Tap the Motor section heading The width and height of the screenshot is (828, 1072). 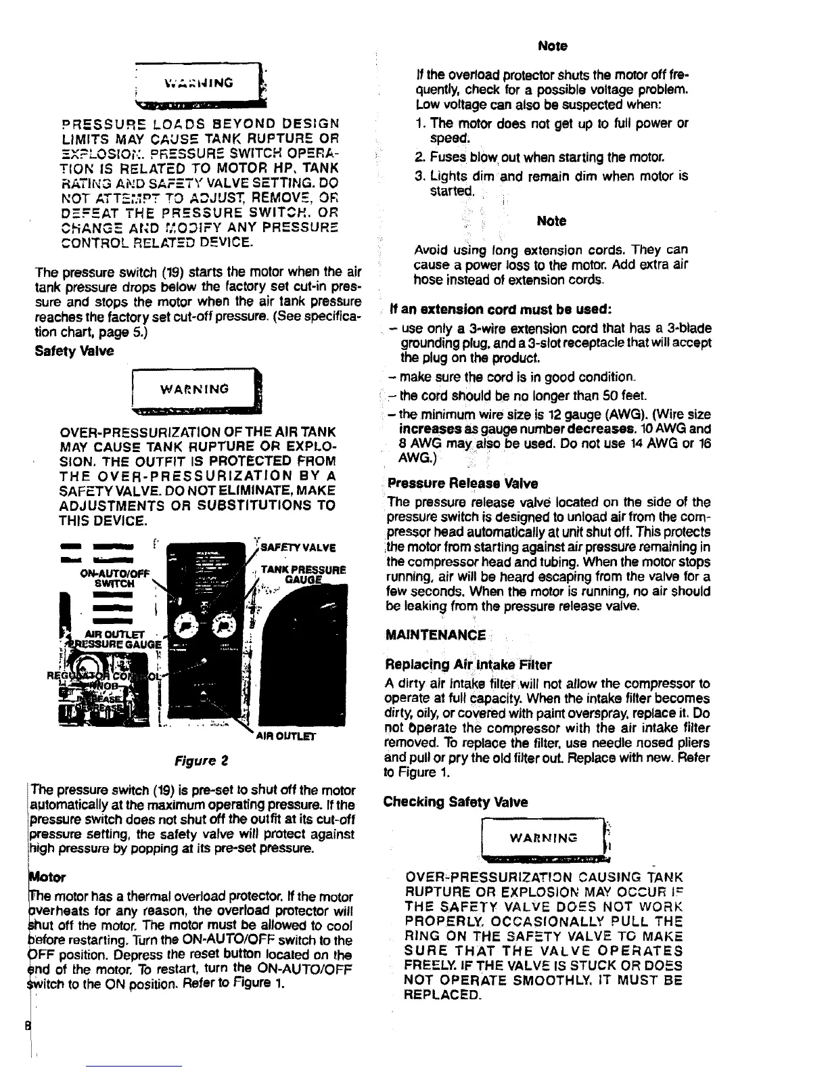click(x=47, y=878)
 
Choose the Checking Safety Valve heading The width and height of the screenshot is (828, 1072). click(x=455, y=802)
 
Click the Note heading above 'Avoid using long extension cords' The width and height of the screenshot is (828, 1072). click(x=551, y=221)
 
